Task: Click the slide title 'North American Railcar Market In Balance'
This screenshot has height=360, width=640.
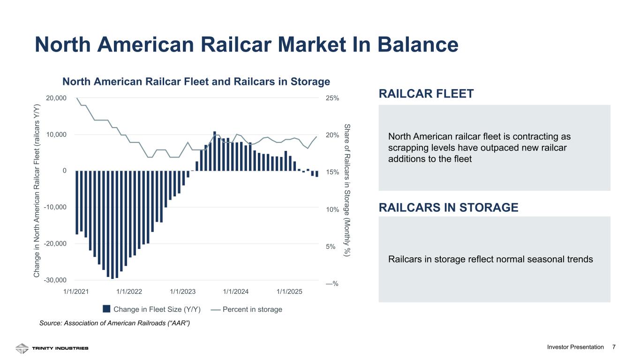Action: point(246,45)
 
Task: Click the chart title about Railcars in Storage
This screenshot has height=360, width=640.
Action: point(196,82)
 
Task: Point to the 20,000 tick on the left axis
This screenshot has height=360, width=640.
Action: point(56,98)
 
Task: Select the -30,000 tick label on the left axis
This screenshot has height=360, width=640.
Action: point(55,280)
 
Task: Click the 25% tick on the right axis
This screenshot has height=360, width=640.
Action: point(332,98)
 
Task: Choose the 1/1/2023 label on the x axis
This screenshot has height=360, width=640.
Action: point(182,292)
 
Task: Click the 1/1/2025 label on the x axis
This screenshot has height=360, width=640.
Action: point(289,292)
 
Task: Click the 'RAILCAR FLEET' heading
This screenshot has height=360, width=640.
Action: point(426,94)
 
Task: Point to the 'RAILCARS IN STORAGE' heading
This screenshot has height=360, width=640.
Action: point(448,208)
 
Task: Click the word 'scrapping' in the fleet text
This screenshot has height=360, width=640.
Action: point(406,148)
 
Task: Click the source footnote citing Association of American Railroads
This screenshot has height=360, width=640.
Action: point(114,323)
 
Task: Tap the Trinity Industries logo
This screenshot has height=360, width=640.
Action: point(52,348)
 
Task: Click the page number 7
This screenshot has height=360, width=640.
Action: point(614,347)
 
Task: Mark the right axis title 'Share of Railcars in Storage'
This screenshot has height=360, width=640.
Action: point(347,190)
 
